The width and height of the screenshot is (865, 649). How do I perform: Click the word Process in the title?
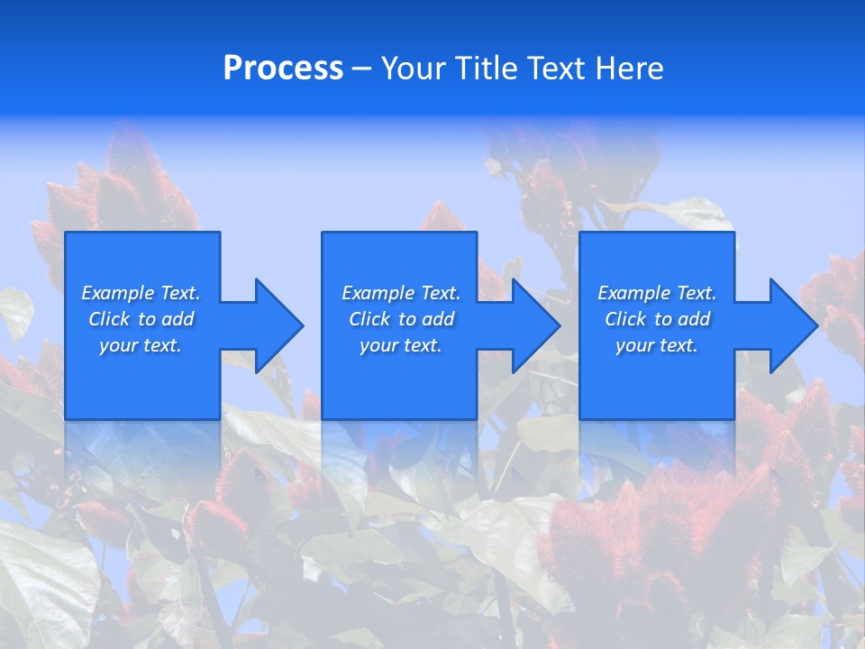[x=283, y=69]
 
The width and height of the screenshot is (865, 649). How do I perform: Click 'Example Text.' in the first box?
[x=141, y=293]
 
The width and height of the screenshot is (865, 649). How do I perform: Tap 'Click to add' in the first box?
[x=141, y=319]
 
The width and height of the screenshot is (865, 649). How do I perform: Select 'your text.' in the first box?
[x=141, y=345]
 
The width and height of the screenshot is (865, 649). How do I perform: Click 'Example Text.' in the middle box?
[x=400, y=293]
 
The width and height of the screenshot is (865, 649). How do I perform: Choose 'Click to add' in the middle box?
[x=400, y=319]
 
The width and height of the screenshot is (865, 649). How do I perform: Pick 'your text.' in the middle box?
[x=400, y=345]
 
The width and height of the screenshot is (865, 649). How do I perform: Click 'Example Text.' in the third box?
[x=657, y=293]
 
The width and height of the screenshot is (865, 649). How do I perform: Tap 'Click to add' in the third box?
[x=657, y=319]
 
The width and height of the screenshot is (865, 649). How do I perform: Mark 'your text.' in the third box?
[x=657, y=345]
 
